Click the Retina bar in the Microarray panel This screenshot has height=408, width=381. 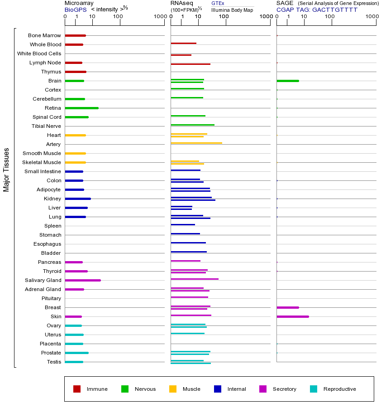(82, 108)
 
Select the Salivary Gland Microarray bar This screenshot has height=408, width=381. (83, 280)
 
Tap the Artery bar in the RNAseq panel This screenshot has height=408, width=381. (196, 143)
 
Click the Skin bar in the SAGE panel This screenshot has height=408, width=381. (293, 316)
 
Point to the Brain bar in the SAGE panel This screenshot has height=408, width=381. (288, 81)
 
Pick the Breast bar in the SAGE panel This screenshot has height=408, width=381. (288, 307)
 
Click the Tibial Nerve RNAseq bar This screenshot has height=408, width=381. (193, 125)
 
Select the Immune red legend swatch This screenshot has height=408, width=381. (77, 389)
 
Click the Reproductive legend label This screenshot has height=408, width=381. (339, 389)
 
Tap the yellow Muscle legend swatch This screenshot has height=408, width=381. (173, 389)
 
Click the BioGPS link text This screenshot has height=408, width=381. (75, 9)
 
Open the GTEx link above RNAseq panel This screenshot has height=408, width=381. (218, 3)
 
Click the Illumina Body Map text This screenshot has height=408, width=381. (232, 10)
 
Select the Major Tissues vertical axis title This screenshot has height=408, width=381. (6, 170)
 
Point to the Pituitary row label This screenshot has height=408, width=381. (51, 298)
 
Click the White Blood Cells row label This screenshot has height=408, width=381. (39, 53)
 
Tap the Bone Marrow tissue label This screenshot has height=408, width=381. (44, 35)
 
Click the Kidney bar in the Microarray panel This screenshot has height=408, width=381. (78, 199)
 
